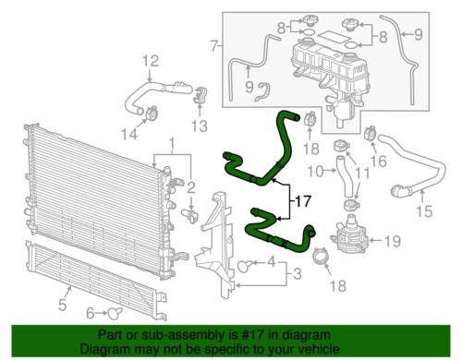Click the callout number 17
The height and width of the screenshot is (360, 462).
tap(302, 198)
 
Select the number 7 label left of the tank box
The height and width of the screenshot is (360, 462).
tap(214, 44)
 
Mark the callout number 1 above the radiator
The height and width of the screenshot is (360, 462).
tap(170, 143)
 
